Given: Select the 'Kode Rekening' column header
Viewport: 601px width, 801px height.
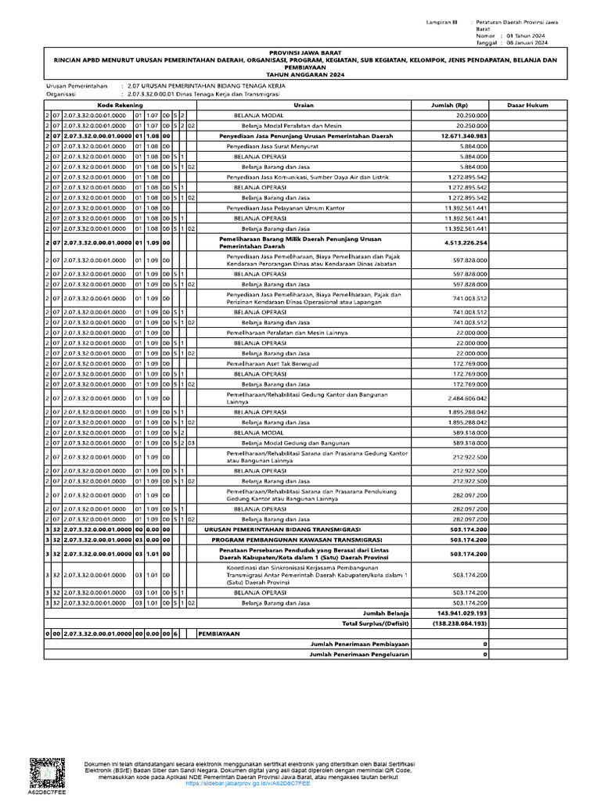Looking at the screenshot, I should click(x=114, y=104).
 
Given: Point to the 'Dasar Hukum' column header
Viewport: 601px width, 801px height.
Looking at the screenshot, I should click(x=527, y=104).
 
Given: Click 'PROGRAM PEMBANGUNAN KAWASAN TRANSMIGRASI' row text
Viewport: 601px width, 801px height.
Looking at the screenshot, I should click(x=297, y=540).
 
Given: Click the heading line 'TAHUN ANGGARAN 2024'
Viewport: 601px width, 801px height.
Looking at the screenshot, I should click(x=301, y=73).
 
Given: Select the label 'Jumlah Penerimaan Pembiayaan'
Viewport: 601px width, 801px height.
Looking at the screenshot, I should click(x=360, y=644).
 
